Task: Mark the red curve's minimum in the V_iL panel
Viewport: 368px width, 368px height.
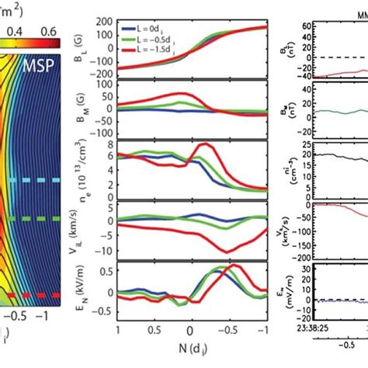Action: tap(225, 251)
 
